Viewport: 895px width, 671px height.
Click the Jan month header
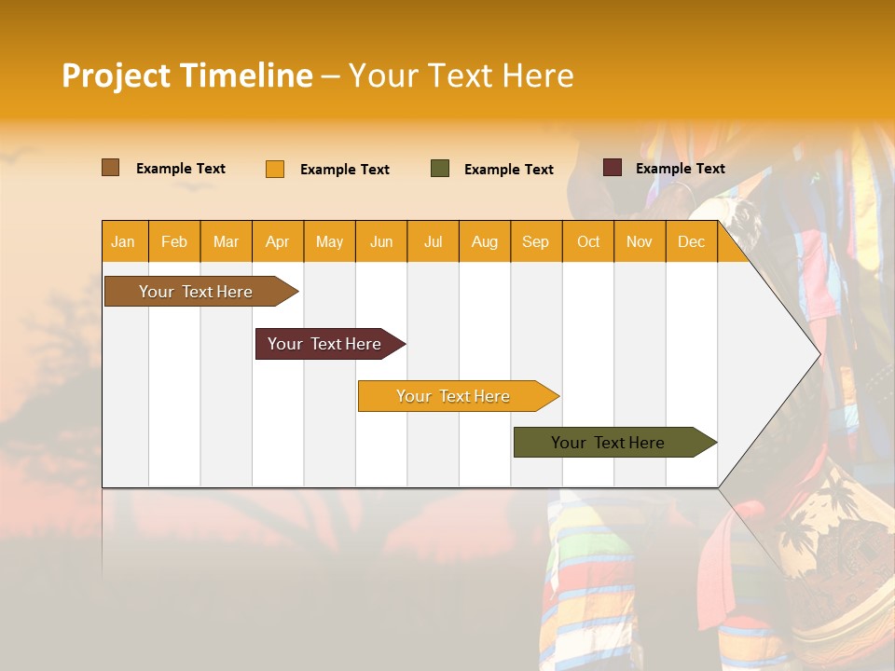tap(123, 241)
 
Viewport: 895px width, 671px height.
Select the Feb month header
tap(174, 241)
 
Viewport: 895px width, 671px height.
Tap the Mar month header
tap(226, 241)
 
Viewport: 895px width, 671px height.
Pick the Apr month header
tap(278, 241)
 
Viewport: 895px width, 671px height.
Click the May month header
tap(329, 241)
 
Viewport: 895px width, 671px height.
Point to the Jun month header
tap(381, 241)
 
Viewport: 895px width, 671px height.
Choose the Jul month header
tap(433, 241)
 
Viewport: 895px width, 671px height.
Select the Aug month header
tap(485, 241)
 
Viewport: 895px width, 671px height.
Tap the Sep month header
tap(536, 241)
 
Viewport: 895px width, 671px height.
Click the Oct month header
tap(588, 241)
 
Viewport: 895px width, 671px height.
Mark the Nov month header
tap(640, 241)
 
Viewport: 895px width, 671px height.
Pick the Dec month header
tap(692, 241)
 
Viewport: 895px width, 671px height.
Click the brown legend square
tap(111, 168)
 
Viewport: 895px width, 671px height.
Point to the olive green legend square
tap(440, 169)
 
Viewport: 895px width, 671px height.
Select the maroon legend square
tap(613, 168)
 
